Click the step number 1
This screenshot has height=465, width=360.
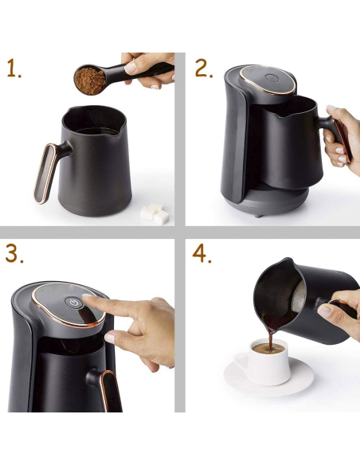pyautogui.click(x=14, y=68)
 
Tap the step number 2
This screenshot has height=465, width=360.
pyautogui.click(x=204, y=68)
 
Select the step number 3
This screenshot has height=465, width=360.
pyautogui.click(x=14, y=254)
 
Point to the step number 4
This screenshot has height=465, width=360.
pyautogui.click(x=203, y=254)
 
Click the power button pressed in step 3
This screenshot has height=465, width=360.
pyautogui.click(x=74, y=303)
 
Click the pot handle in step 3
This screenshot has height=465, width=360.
pyautogui.click(x=105, y=389)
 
